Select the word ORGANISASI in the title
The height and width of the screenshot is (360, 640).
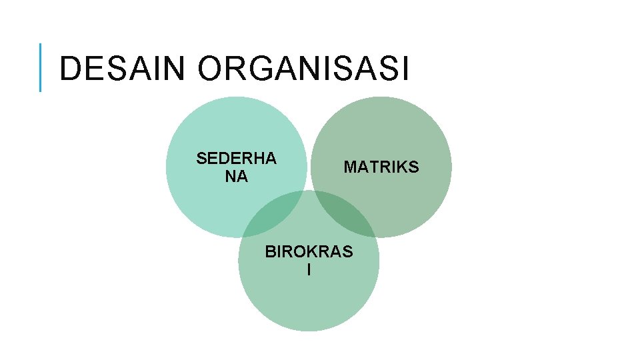[303, 69]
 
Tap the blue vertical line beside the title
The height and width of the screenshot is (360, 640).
[41, 67]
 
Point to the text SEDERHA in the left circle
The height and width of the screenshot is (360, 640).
[236, 159]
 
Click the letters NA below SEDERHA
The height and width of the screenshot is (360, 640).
[236, 177]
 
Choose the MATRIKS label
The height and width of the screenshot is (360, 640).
[381, 167]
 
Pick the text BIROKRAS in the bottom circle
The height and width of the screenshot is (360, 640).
[309, 253]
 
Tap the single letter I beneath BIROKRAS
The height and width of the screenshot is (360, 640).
[309, 270]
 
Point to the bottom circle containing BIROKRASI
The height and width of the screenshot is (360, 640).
[309, 300]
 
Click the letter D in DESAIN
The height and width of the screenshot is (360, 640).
[69, 69]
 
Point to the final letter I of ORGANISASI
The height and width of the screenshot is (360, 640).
[405, 69]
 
